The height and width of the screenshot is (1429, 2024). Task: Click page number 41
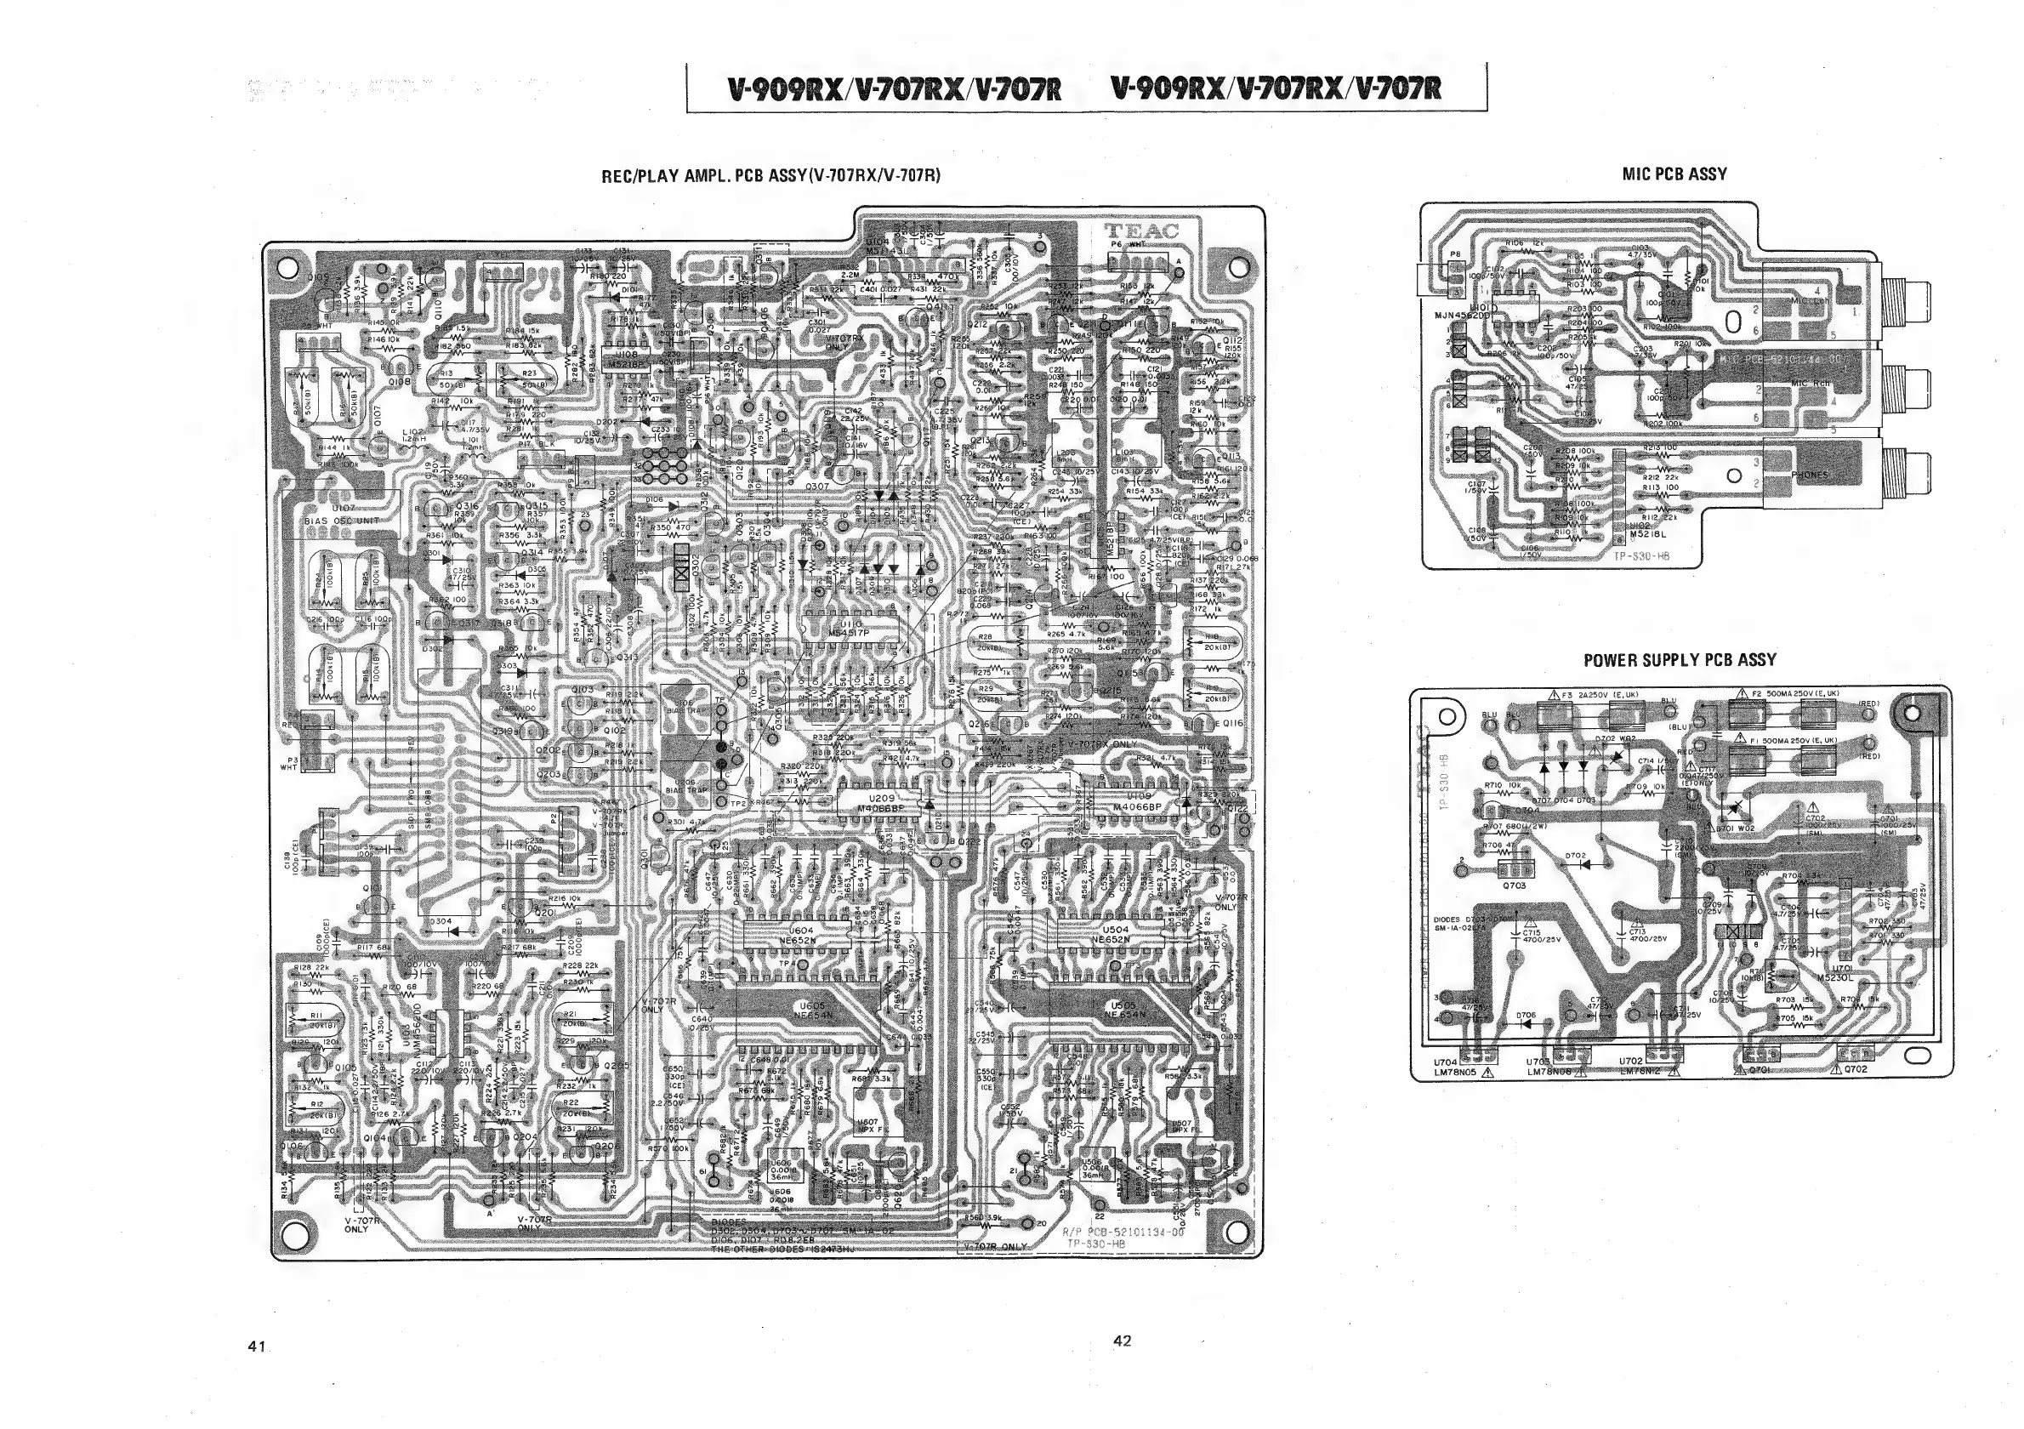(257, 1346)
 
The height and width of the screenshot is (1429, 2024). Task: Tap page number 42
(1122, 1341)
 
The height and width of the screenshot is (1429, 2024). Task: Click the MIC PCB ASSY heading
(1674, 174)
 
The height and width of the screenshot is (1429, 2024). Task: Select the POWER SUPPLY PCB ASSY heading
(1680, 659)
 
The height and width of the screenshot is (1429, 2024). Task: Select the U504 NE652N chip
(1115, 936)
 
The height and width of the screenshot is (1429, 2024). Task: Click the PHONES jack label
(1810, 475)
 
